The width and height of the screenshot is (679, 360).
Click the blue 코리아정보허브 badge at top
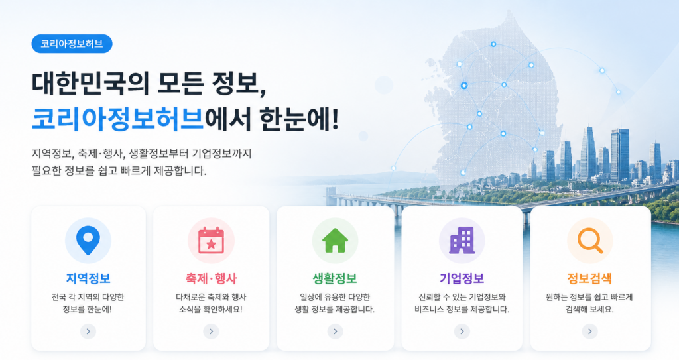[x=72, y=44]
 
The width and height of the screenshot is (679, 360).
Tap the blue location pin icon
[x=88, y=239]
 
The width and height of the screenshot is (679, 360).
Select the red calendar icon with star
[x=211, y=241]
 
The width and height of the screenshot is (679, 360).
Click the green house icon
[x=335, y=241]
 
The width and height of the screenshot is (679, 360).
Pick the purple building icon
[x=462, y=241]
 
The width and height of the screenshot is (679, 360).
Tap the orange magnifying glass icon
[x=589, y=241]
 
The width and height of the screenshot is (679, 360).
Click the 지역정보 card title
[x=88, y=278]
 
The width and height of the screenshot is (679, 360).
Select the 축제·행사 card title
[x=212, y=278]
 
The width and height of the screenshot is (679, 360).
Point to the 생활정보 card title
[x=335, y=278]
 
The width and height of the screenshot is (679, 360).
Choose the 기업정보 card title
[x=462, y=278]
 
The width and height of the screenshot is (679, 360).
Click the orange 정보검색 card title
[x=589, y=278]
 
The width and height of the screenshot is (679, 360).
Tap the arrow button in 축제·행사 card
[x=212, y=331]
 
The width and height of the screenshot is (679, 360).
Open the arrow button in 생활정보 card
[x=335, y=331]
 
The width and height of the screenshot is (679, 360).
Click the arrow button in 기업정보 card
[x=462, y=331]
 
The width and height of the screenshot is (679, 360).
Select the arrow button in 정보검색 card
[x=589, y=331]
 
